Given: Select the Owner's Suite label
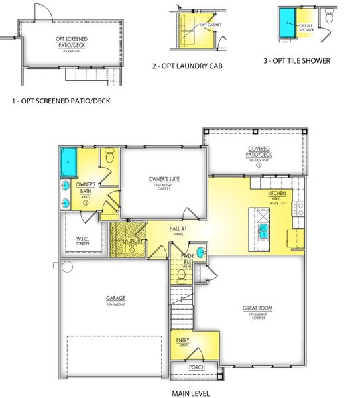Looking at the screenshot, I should click(x=165, y=179).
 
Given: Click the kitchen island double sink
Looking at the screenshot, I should click(x=264, y=230).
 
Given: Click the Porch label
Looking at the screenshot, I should click(x=196, y=367).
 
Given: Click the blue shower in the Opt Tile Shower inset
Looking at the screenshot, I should click(x=288, y=24).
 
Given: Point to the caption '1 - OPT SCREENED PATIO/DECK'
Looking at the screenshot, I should click(x=60, y=101).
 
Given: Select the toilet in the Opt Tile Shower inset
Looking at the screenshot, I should click(x=329, y=17).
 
